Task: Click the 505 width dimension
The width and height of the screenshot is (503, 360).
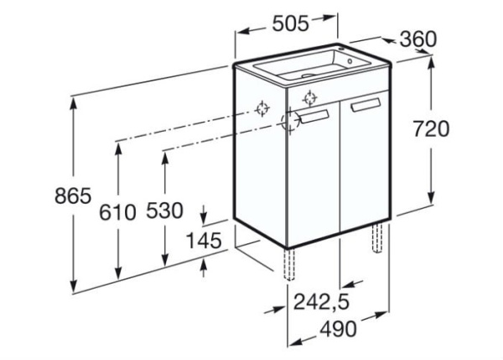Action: pos(290,23)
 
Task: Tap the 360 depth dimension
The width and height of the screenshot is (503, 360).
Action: pos(418,39)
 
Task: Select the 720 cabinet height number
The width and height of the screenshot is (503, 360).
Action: pos(431,128)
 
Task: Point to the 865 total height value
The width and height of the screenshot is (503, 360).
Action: pos(73,196)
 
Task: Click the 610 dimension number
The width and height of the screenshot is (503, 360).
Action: pos(117,212)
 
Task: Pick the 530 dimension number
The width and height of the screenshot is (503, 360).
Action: pos(164,211)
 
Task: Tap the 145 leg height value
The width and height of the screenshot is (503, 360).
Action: pos(204,240)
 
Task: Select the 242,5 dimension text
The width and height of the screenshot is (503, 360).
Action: pos(321,302)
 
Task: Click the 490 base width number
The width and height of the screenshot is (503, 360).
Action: pos(338,328)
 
